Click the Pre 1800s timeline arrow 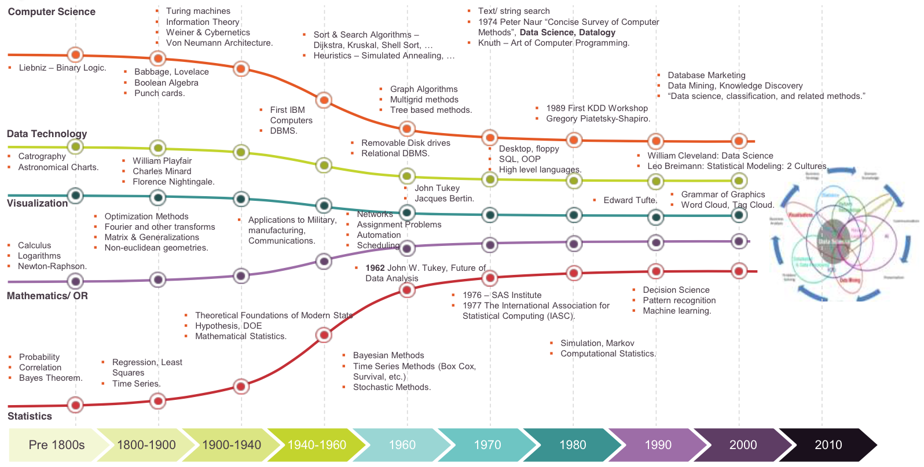[56, 444]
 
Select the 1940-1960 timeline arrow [317, 444]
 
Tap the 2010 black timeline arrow [828, 444]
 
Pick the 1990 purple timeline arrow [658, 444]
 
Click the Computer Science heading [52, 12]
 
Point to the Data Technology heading [47, 134]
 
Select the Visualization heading [37, 203]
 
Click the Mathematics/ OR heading [47, 296]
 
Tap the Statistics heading [30, 416]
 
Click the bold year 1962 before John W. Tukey [375, 268]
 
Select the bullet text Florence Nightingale [173, 182]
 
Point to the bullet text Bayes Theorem [50, 378]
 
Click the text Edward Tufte [630, 200]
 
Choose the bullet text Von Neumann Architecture [219, 43]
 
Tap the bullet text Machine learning [677, 311]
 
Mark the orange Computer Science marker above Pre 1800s [75, 55]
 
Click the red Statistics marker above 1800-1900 [157, 400]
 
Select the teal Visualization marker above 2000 [739, 215]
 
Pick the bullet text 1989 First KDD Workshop [596, 108]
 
